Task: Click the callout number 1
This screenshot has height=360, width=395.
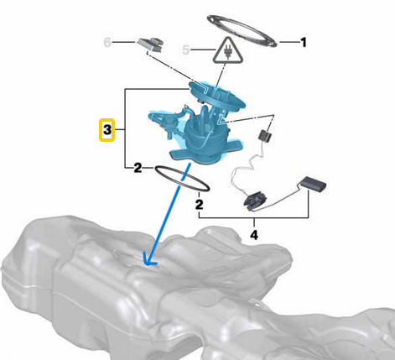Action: click(x=304, y=41)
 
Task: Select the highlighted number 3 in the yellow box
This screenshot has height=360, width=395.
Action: click(x=107, y=131)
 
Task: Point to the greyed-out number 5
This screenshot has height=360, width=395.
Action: click(x=187, y=50)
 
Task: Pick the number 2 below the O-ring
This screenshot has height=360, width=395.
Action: click(x=200, y=203)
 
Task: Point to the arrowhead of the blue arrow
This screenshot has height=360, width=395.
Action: click(x=149, y=263)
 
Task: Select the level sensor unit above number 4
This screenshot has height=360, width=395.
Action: click(x=252, y=200)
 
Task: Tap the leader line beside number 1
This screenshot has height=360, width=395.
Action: click(x=287, y=41)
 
